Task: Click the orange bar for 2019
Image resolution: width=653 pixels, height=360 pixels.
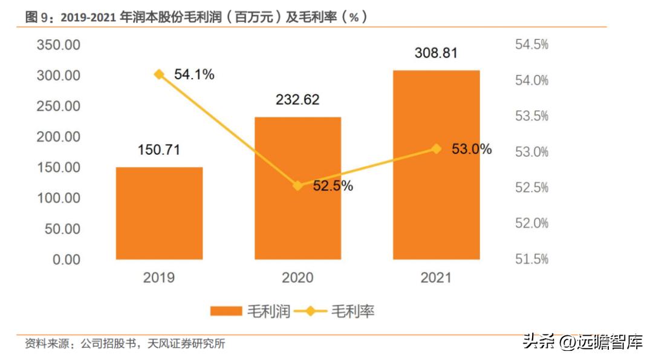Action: pyautogui.click(x=159, y=213)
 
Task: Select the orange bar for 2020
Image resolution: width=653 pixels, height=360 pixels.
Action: pyautogui.click(x=297, y=188)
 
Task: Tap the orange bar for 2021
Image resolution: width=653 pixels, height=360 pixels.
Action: pyautogui.click(x=436, y=165)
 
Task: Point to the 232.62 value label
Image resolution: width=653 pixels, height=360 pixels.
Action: pyautogui.click(x=297, y=100)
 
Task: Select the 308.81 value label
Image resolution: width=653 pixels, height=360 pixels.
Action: pyautogui.click(x=436, y=53)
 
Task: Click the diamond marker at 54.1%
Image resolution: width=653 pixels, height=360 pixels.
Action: pyautogui.click(x=159, y=74)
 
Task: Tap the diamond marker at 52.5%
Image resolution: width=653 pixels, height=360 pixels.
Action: pyautogui.click(x=297, y=186)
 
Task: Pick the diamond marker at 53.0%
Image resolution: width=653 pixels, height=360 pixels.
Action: pyautogui.click(x=436, y=149)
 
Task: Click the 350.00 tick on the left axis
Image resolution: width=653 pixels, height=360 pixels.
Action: pyautogui.click(x=58, y=45)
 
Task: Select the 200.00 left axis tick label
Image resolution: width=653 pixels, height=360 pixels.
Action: pyautogui.click(x=58, y=137)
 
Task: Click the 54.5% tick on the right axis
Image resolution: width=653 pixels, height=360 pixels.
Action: pyautogui.click(x=531, y=45)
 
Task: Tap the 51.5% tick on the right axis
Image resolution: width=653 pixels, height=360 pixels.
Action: pyautogui.click(x=531, y=260)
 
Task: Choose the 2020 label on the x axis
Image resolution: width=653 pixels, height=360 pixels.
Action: pyautogui.click(x=297, y=278)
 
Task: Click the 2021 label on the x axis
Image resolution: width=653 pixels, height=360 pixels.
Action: pyautogui.click(x=436, y=278)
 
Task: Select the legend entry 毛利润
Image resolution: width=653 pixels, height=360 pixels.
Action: pyautogui.click(x=250, y=312)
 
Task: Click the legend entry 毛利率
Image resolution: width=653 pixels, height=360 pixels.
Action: pyautogui.click(x=342, y=312)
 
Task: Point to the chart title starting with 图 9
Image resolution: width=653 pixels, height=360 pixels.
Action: pyautogui.click(x=197, y=18)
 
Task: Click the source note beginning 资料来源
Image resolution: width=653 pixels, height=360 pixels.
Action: pyautogui.click(x=125, y=344)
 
